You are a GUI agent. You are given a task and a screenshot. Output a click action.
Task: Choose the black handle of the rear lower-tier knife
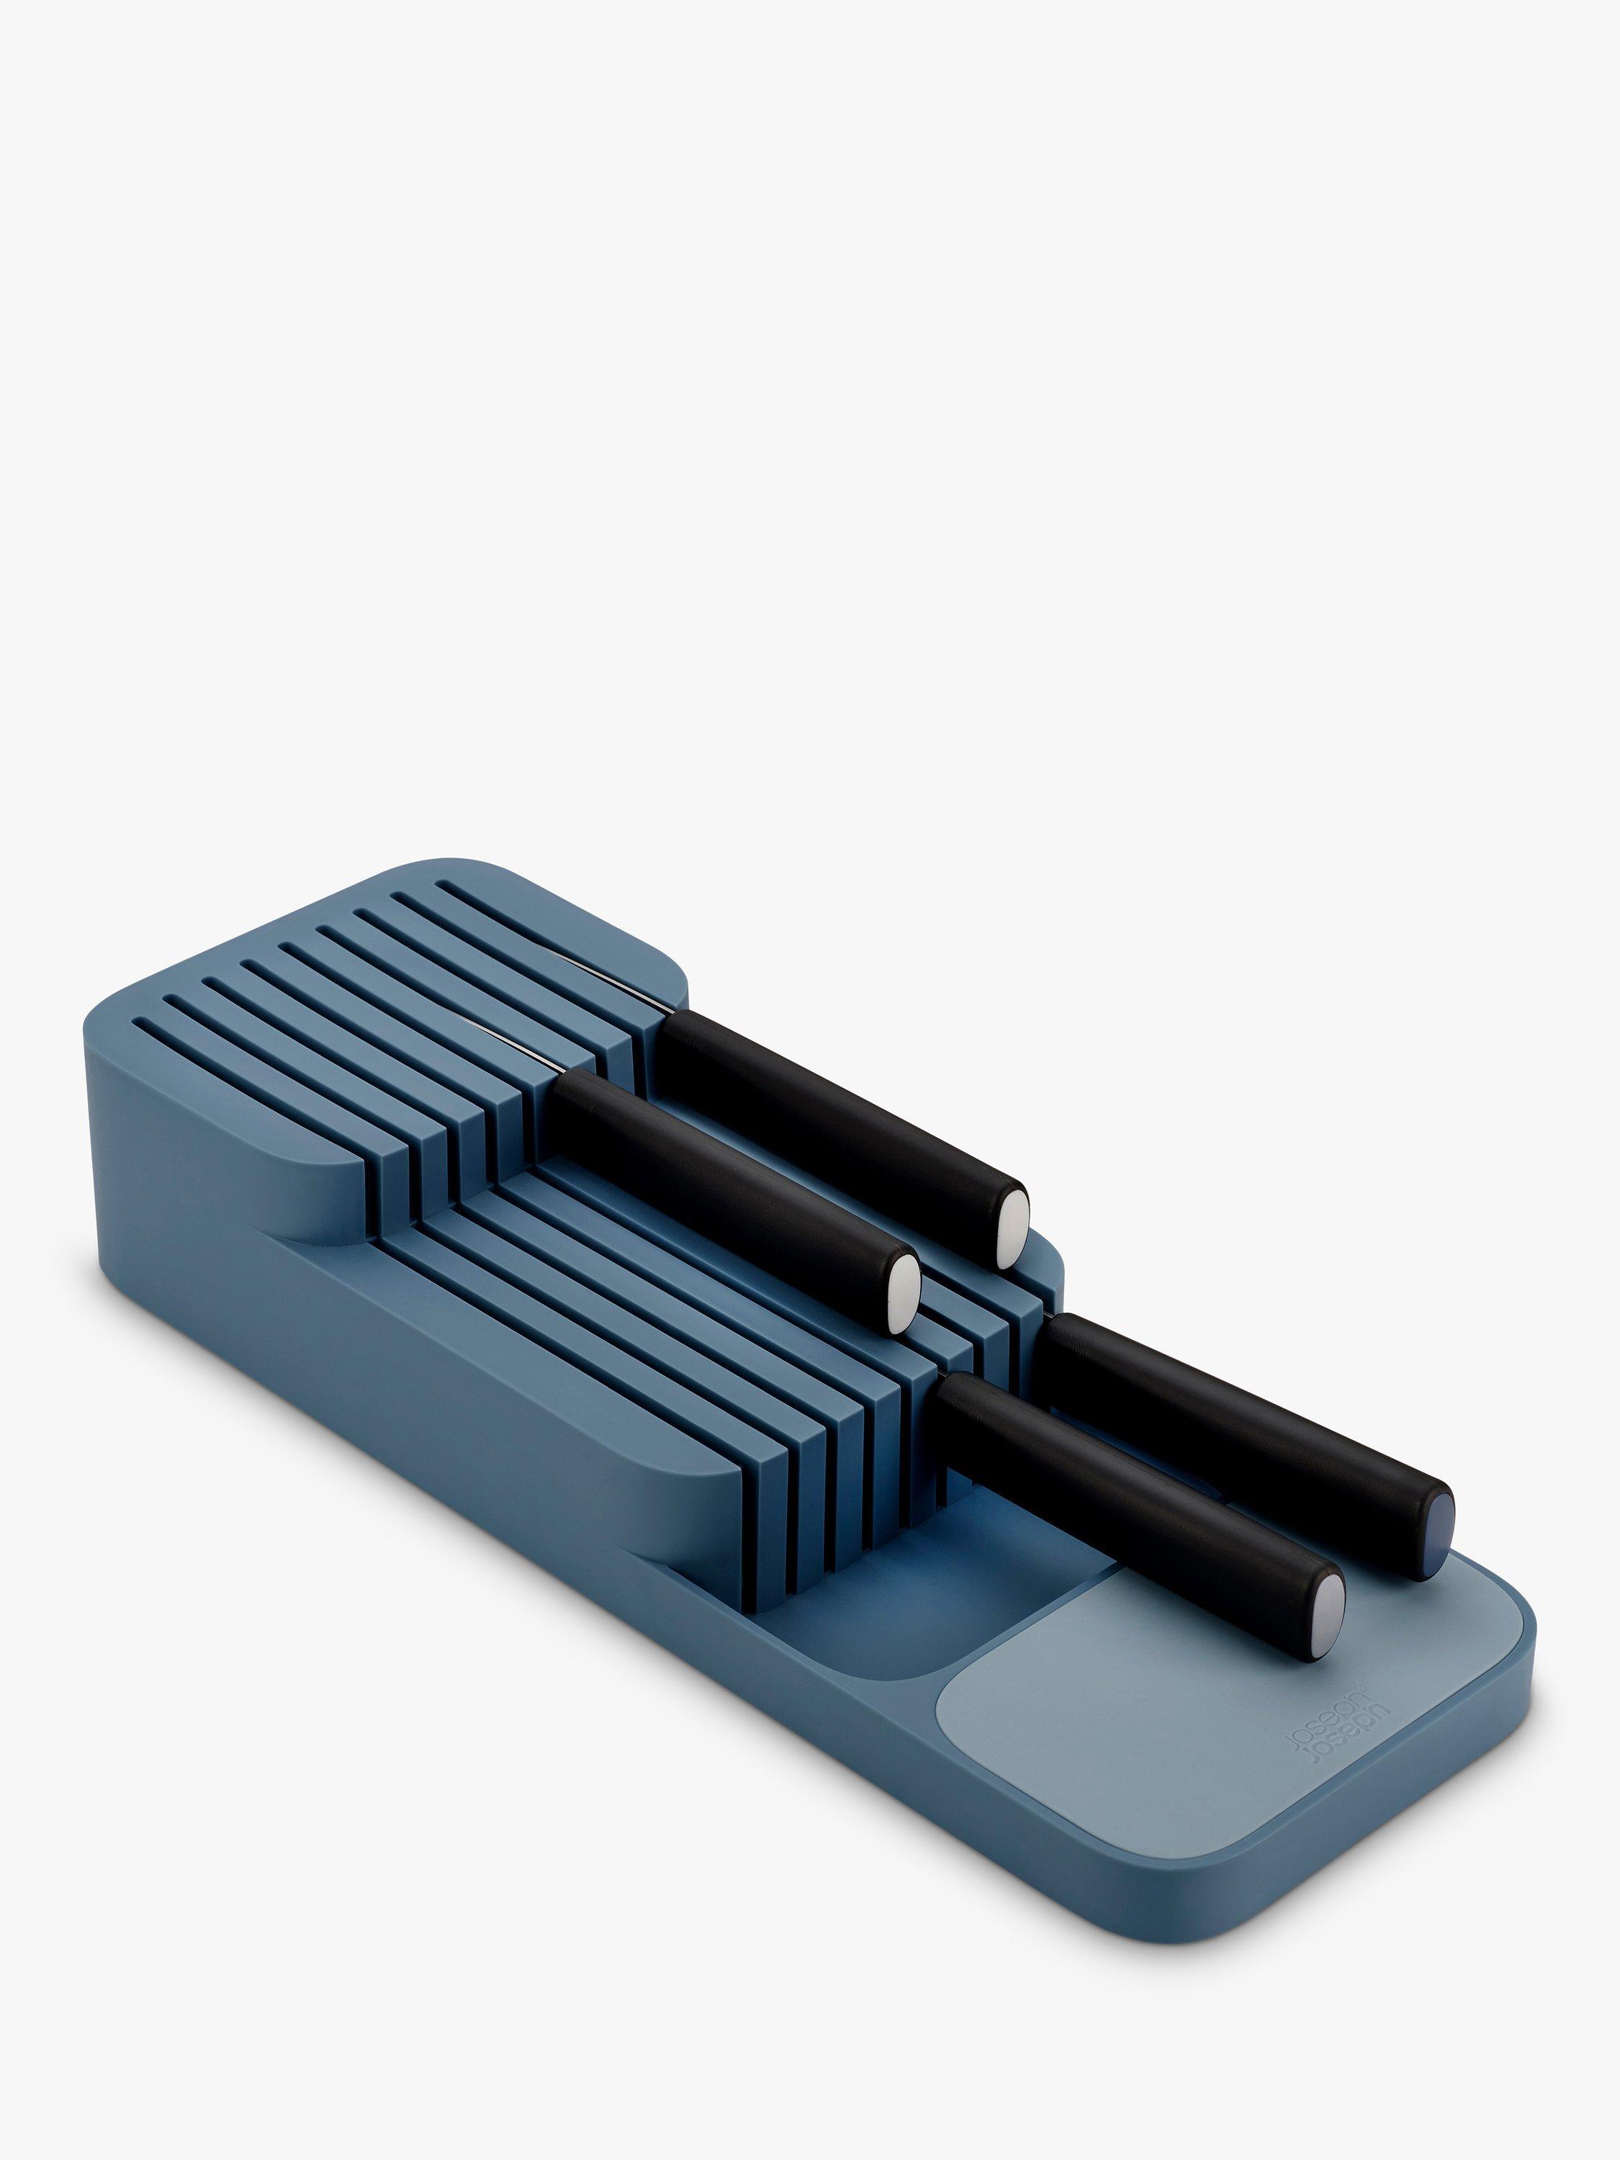coord(1240,1416)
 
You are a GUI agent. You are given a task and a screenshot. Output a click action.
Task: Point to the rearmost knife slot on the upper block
coord(546,923)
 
